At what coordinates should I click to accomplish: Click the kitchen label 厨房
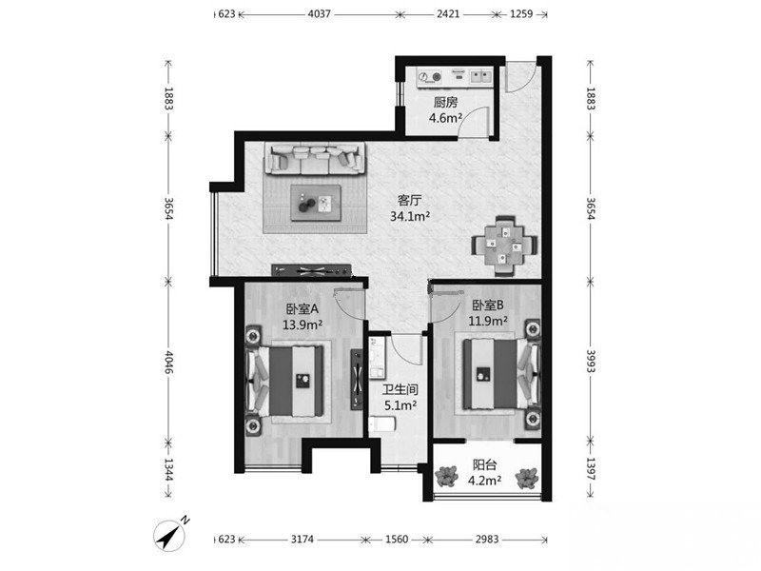(445, 103)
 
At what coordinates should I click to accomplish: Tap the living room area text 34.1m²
(410, 216)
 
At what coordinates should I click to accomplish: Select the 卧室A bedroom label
(302, 308)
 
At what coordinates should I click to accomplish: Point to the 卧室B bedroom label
(488, 305)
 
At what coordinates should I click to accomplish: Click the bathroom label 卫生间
(400, 389)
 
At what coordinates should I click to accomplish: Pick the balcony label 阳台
(484, 464)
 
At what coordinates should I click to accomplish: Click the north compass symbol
(171, 535)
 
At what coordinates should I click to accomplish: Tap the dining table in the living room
(505, 246)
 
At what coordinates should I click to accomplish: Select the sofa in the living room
(315, 158)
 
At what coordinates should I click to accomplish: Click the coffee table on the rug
(316, 203)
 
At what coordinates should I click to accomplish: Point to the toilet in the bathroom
(382, 424)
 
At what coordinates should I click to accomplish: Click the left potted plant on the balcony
(446, 477)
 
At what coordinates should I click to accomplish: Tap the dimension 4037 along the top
(319, 13)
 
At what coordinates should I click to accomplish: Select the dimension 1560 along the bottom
(397, 539)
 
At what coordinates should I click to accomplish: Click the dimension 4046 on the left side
(168, 363)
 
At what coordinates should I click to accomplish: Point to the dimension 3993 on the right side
(591, 362)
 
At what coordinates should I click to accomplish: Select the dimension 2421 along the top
(447, 13)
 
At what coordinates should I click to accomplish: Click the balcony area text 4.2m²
(484, 481)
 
